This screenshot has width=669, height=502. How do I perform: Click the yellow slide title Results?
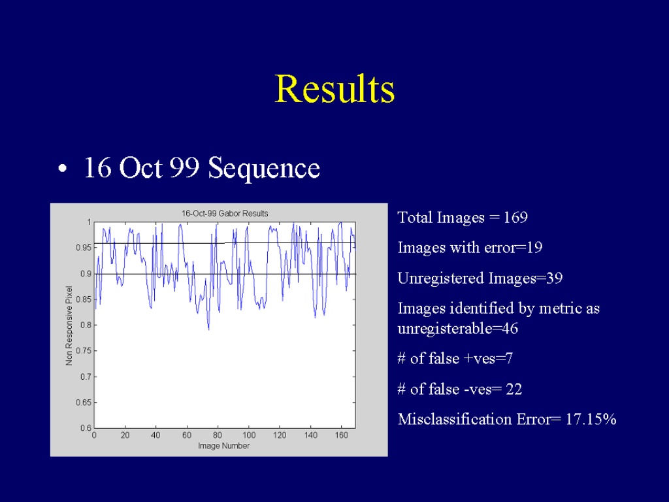click(x=335, y=88)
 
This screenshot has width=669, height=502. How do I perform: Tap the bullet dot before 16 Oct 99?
click(x=62, y=169)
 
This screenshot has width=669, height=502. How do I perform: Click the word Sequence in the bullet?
click(x=264, y=168)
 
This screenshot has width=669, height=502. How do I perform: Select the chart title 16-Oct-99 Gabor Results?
click(x=225, y=214)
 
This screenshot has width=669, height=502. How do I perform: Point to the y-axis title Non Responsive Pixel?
click(x=69, y=326)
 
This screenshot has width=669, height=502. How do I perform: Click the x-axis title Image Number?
click(x=223, y=446)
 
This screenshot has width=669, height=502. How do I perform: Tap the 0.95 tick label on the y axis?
click(x=84, y=248)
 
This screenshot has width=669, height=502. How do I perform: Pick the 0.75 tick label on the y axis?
click(x=84, y=351)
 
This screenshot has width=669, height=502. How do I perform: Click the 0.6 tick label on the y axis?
click(x=86, y=428)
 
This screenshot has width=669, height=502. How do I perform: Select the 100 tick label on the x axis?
click(x=249, y=435)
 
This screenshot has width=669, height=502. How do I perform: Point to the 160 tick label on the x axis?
click(x=341, y=435)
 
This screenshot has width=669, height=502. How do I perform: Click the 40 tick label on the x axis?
click(x=155, y=435)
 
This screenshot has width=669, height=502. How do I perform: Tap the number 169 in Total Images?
click(x=515, y=217)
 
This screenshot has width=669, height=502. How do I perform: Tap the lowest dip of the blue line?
click(x=208, y=329)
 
